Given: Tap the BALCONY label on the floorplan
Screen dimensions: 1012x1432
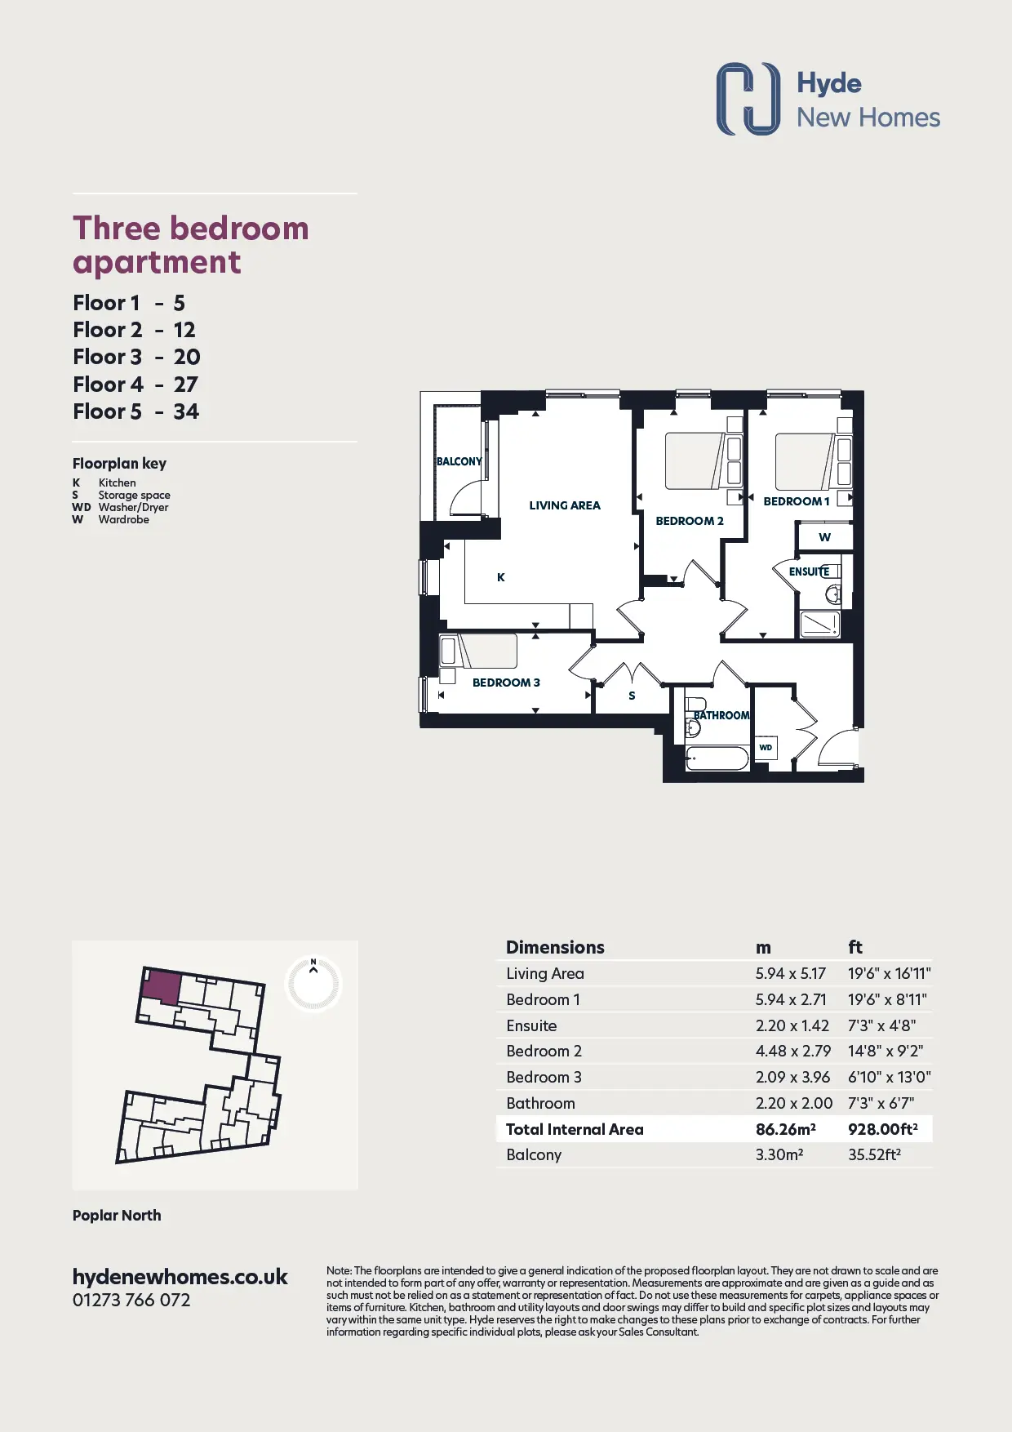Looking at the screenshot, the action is coord(459,461).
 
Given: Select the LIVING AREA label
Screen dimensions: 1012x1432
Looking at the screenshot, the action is coord(565,505).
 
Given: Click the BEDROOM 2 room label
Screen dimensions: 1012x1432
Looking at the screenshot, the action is coord(690,521).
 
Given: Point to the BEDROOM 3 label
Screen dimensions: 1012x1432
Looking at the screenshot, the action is coord(506,683).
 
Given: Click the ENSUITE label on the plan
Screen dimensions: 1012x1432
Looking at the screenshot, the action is coord(809,571).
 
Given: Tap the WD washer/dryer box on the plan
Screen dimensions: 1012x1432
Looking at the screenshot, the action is coord(766,748).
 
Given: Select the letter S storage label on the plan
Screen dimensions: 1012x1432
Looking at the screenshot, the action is coord(632,696).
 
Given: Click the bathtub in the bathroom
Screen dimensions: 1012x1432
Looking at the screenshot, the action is coord(717,758).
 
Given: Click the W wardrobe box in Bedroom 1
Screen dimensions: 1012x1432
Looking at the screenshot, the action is coord(825,537).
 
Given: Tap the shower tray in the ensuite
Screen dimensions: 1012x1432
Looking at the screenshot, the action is coord(819,625).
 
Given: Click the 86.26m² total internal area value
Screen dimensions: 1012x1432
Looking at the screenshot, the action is coord(786,1129).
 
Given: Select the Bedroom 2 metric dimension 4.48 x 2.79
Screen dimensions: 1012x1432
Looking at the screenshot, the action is coord(793,1051).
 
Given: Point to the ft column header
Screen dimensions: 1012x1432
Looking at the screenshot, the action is coord(855,947).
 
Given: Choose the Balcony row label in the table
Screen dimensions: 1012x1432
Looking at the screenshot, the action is coord(534,1154).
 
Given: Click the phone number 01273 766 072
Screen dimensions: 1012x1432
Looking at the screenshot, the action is coord(131,1300).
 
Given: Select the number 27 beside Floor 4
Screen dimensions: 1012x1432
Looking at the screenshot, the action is coord(186,385).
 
